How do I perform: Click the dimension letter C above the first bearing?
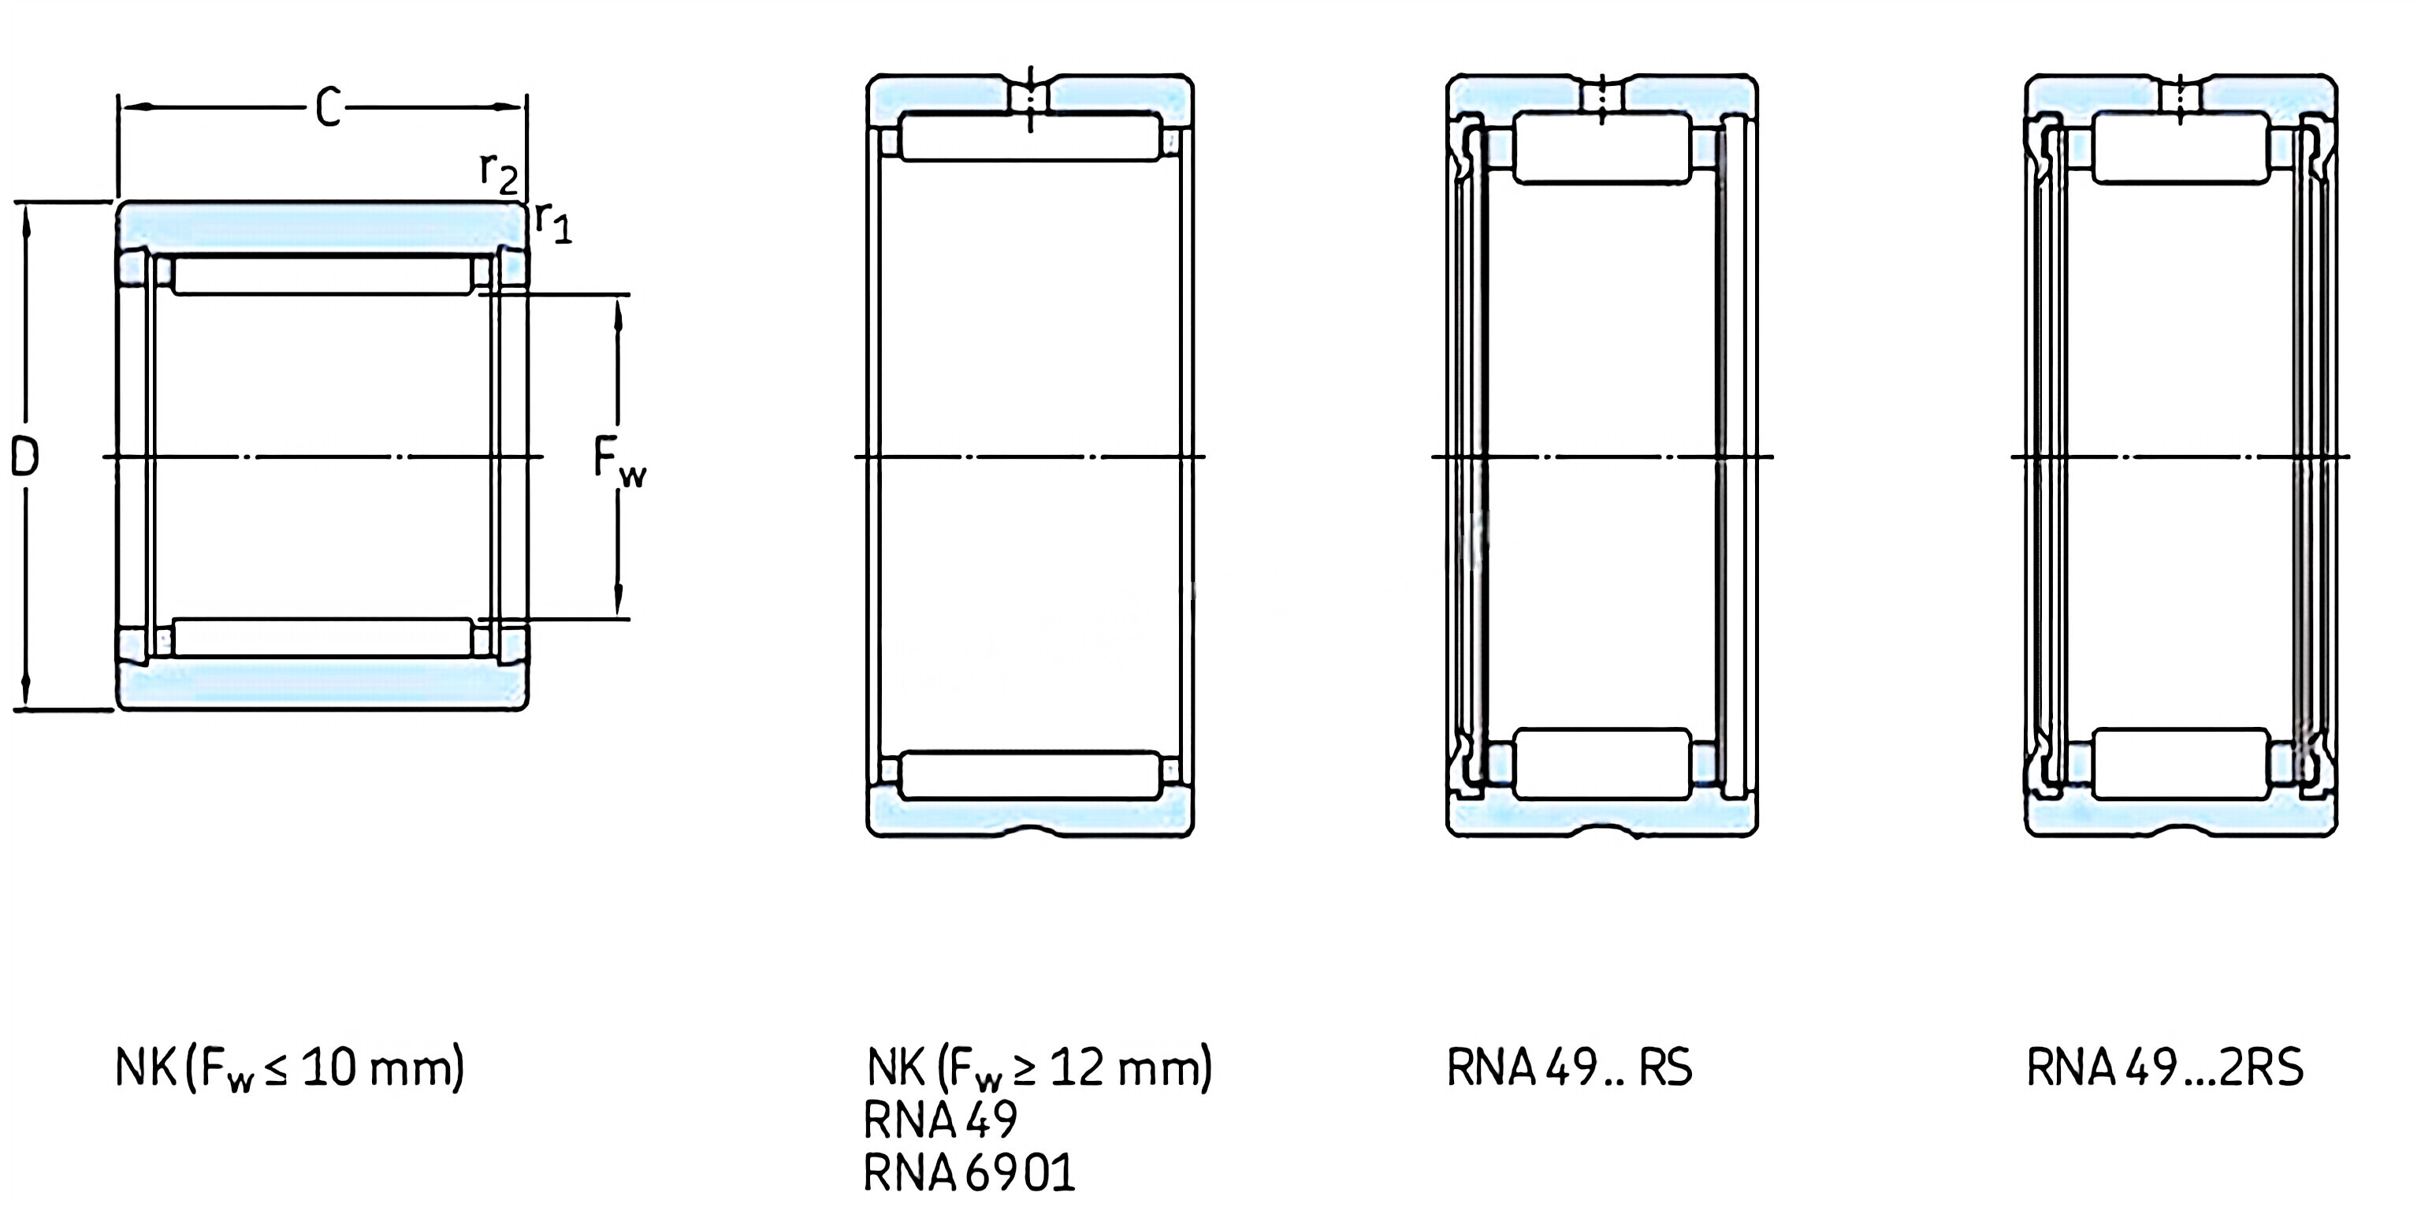click(327, 108)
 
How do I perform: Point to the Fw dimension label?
click(619, 460)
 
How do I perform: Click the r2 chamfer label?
click(498, 172)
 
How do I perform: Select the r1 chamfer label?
click(552, 222)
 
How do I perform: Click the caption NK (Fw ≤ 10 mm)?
click(289, 1068)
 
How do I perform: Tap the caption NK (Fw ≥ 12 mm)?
click(1039, 1068)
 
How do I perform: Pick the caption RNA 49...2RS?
click(2164, 1068)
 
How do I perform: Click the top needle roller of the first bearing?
click(323, 275)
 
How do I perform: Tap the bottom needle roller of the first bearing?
click(323, 638)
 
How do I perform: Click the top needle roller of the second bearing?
click(1030, 137)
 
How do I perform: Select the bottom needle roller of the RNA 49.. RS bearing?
click(1602, 763)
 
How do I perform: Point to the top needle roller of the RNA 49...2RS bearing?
click(2181, 147)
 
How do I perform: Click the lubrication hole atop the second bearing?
click(1030, 97)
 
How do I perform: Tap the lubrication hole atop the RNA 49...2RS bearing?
click(2181, 97)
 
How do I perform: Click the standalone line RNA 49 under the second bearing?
click(940, 1120)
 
